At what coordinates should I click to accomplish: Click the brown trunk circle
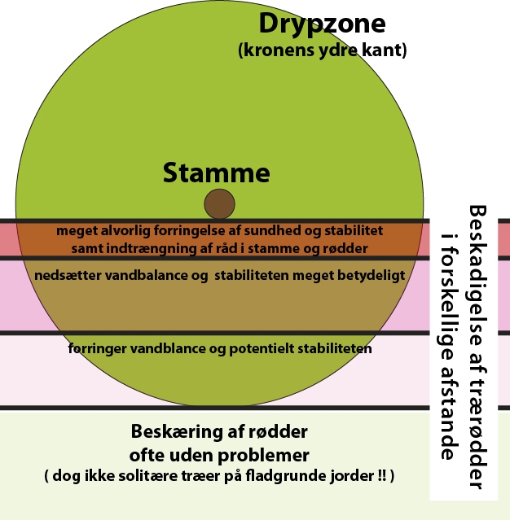click(x=219, y=203)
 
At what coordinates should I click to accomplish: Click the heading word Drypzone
click(x=322, y=23)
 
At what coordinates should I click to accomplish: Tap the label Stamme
click(x=216, y=173)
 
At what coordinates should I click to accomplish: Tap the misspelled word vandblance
click(x=169, y=349)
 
